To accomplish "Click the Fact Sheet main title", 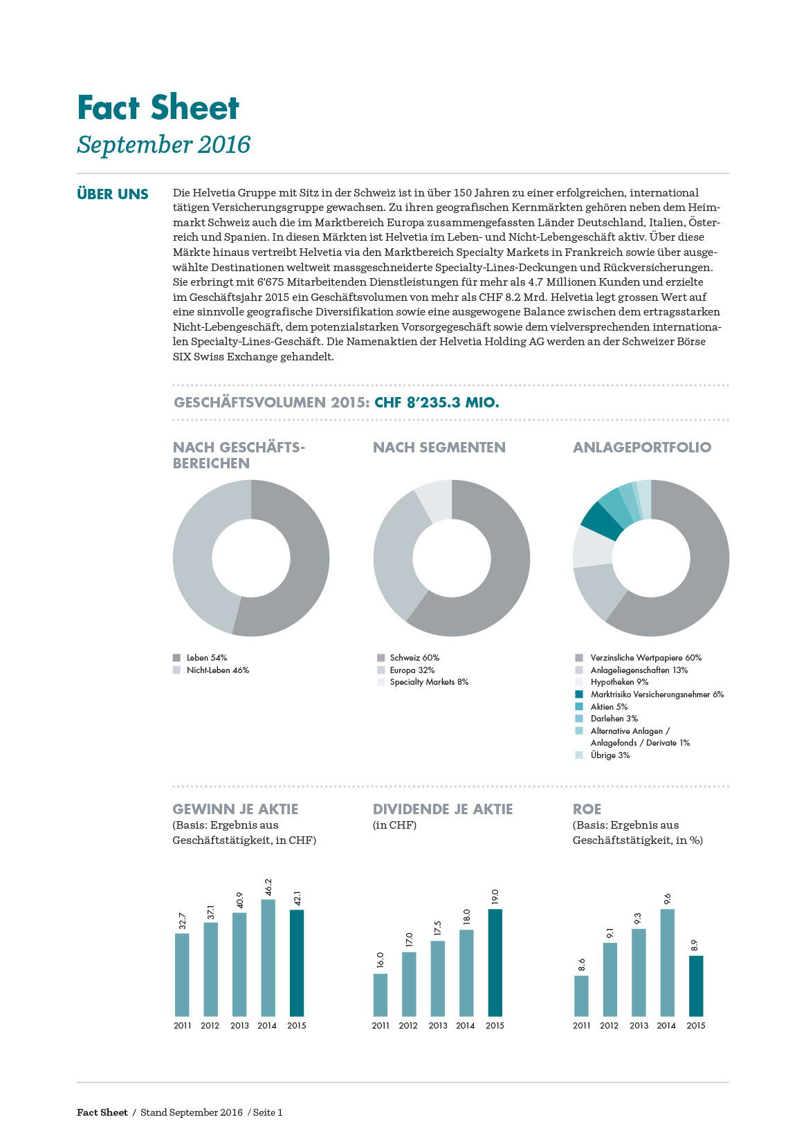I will [x=158, y=108].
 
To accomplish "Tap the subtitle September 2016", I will [x=163, y=145].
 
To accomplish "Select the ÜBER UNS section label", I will [x=113, y=194].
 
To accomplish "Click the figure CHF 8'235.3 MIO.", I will [x=437, y=403].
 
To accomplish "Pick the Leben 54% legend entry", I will [x=206, y=658].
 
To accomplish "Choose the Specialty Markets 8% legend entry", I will [x=428, y=682].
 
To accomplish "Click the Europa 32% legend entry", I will [x=412, y=670].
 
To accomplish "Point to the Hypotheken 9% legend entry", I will [x=619, y=682].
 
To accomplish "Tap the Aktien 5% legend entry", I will [x=609, y=707].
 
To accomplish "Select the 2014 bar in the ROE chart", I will [x=667, y=962].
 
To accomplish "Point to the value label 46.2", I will [x=268, y=887].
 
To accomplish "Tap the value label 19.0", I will [x=495, y=897].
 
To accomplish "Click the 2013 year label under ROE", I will [x=639, y=1026].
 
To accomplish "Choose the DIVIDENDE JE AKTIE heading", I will [x=443, y=809].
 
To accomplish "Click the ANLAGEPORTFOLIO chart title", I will [x=642, y=448].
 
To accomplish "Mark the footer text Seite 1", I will [x=268, y=1113].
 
